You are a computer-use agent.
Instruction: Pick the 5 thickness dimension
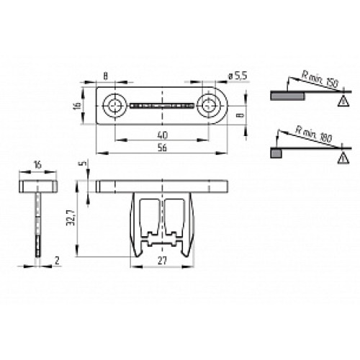tap(84, 164)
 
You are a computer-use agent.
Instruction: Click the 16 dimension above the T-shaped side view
tap(36, 165)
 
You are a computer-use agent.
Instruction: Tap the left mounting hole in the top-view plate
tap(114, 106)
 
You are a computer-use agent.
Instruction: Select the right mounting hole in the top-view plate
tap(210, 106)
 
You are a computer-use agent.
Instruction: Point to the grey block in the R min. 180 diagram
tap(274, 152)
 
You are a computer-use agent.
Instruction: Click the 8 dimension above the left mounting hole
tap(105, 75)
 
